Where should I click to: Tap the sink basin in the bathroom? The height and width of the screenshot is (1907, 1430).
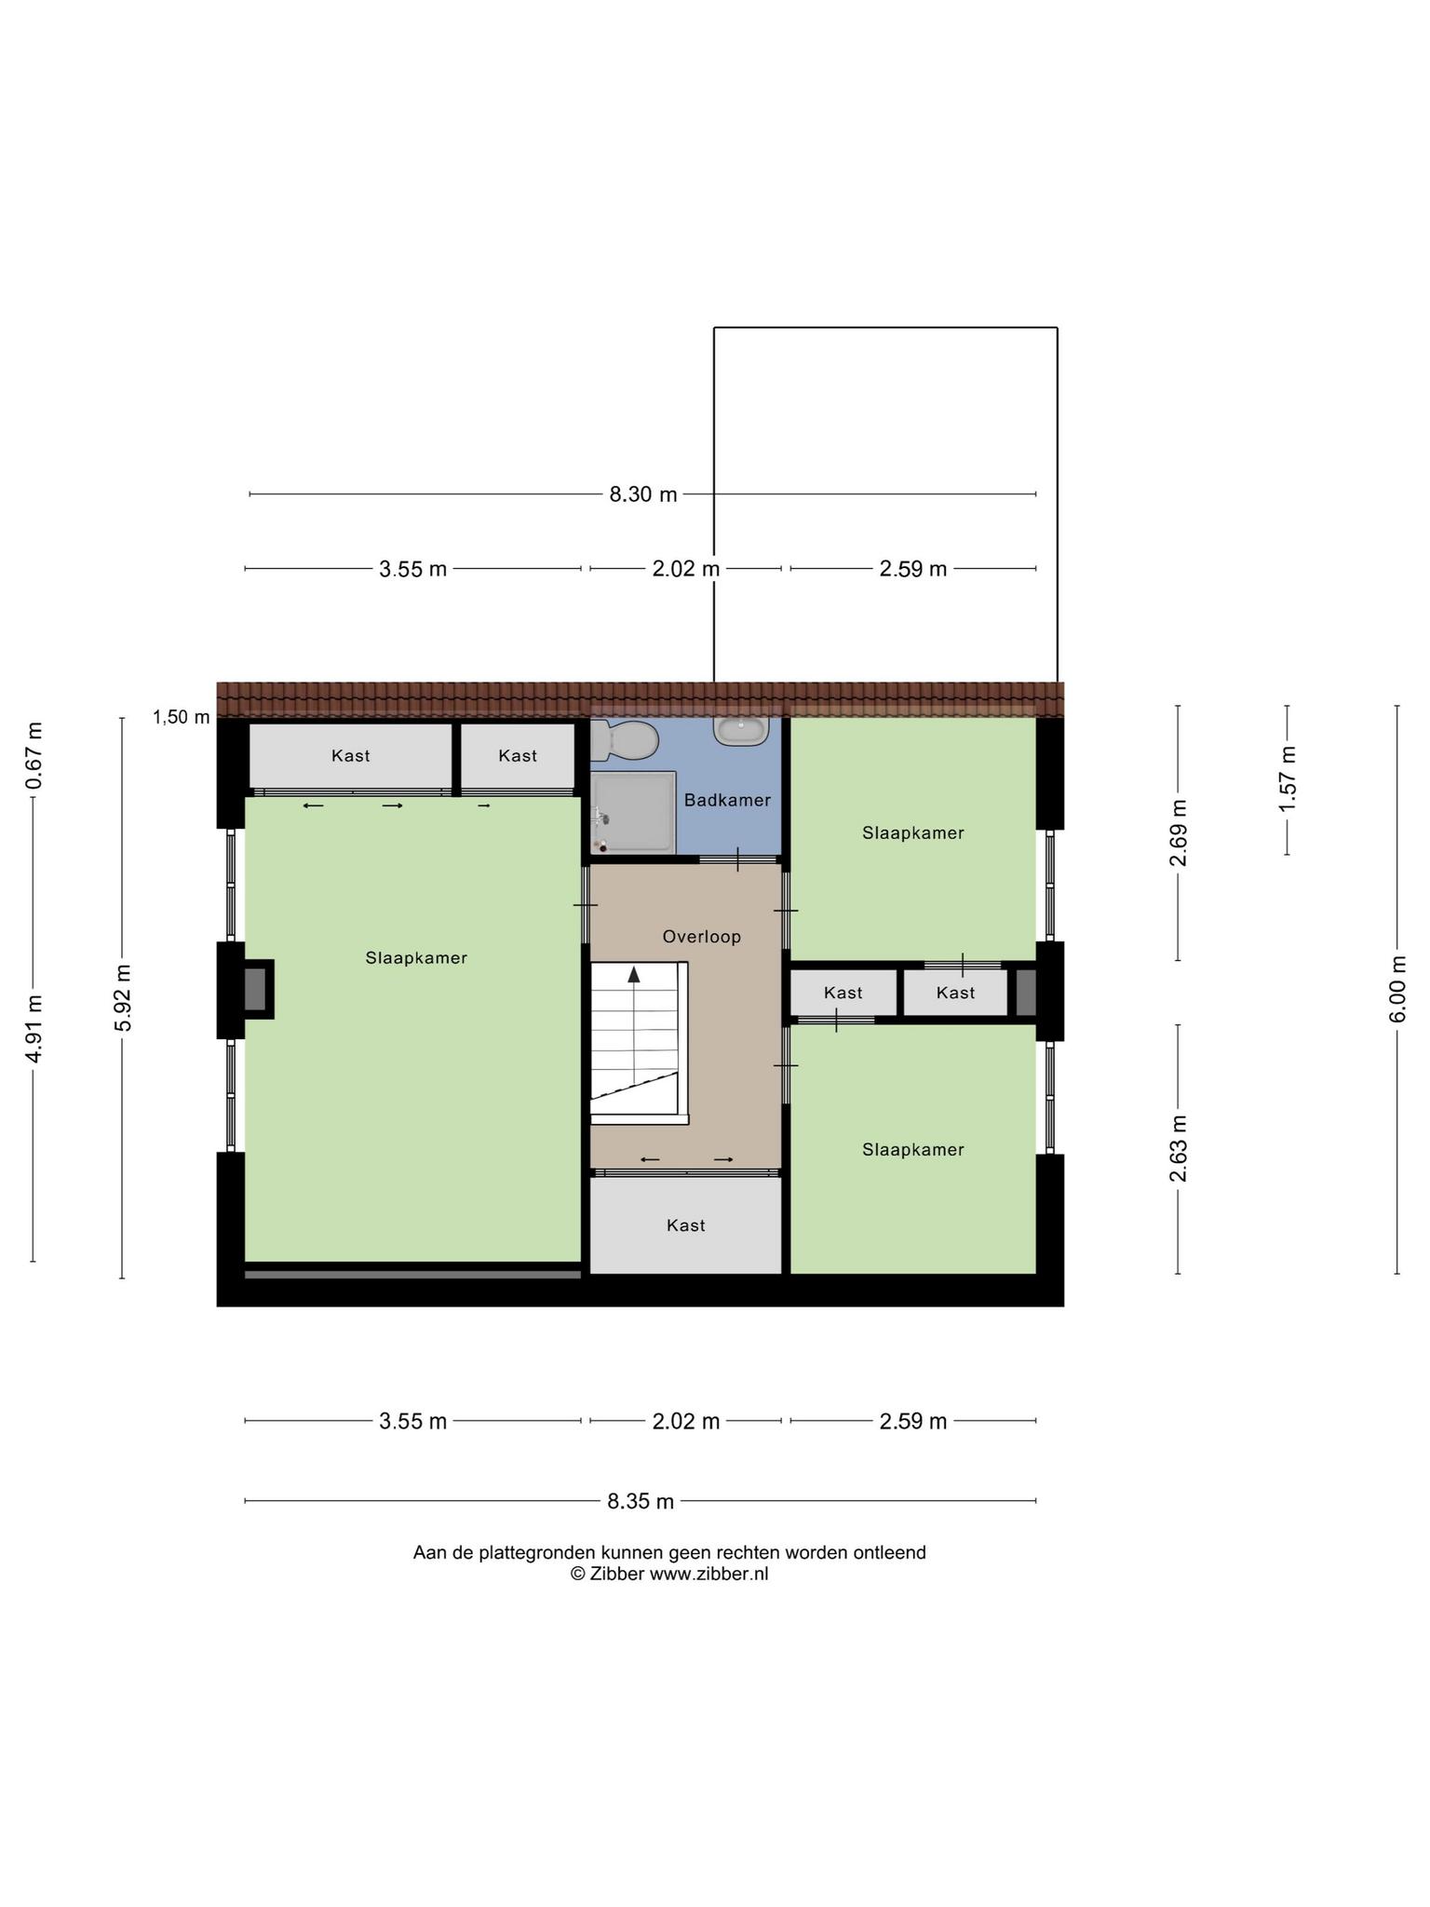coord(742,729)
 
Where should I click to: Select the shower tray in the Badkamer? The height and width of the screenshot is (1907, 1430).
coord(633,812)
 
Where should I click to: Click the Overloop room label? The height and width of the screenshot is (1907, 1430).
coord(702,937)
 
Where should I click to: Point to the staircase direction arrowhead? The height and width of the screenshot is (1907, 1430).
coord(634,975)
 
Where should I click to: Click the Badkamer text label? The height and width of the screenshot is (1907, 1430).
coord(727,800)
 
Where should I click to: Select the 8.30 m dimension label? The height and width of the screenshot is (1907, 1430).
coord(643,494)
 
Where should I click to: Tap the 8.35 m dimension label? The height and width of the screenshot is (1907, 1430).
coord(641,1501)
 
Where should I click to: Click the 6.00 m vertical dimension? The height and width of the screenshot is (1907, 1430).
coord(1397,989)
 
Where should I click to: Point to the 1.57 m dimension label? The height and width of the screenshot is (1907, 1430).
coord(1288,778)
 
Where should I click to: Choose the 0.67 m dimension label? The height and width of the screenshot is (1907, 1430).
coord(34,755)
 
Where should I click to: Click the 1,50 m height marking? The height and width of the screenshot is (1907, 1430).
coord(182,717)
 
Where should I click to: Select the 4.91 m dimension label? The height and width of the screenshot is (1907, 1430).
coord(34,1029)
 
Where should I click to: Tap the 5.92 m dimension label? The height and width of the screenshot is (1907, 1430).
coord(122,998)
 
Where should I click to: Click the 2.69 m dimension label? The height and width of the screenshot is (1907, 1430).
coord(1179,832)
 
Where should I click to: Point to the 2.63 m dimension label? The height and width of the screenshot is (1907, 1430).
coord(1179,1148)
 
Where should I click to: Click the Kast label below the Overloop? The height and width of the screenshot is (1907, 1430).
coord(686,1225)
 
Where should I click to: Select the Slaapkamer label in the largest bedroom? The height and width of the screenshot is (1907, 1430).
coord(416,957)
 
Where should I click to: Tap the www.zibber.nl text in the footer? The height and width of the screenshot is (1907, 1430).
coord(708,1574)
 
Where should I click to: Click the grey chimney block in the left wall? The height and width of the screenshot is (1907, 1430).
coord(255,989)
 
